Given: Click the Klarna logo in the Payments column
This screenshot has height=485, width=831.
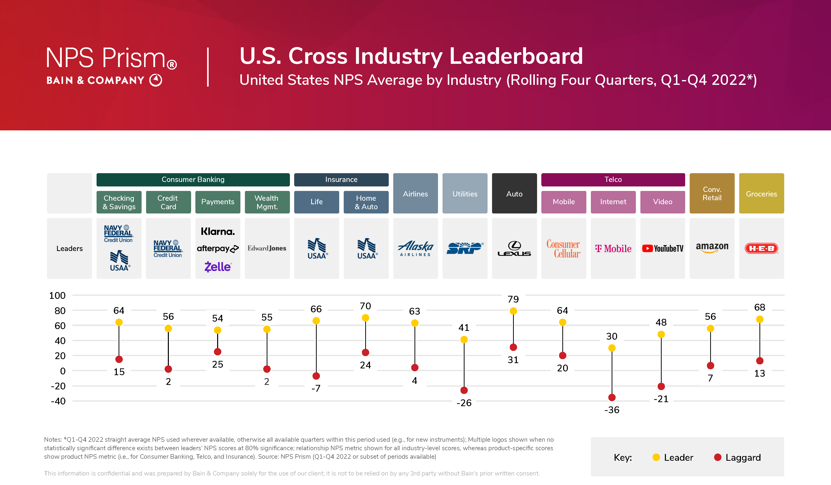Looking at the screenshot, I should coord(218,231).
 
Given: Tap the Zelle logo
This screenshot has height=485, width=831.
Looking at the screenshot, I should coord(218,267).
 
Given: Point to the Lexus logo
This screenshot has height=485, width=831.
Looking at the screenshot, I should coord(514,249).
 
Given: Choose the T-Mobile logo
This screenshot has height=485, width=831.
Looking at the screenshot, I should coord(613,249).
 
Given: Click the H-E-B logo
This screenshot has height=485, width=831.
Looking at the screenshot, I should coord(761,249).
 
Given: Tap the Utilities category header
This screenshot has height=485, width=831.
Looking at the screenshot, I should coord(465,194).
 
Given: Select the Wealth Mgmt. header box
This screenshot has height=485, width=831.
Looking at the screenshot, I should coord(267,202).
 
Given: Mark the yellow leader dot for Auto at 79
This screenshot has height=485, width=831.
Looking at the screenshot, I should coord(513,311).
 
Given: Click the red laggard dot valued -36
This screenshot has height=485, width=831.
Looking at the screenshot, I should coord(612,397).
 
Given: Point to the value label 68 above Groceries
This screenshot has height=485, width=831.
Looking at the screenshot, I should coord(759,307).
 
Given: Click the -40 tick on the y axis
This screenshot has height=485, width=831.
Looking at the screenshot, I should coord(58,401).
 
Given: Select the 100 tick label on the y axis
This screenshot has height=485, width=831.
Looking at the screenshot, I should coord(57,296).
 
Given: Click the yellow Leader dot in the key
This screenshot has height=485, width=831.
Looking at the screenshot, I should coord(656,457).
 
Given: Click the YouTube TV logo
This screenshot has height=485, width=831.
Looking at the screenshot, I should coord(662,249).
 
